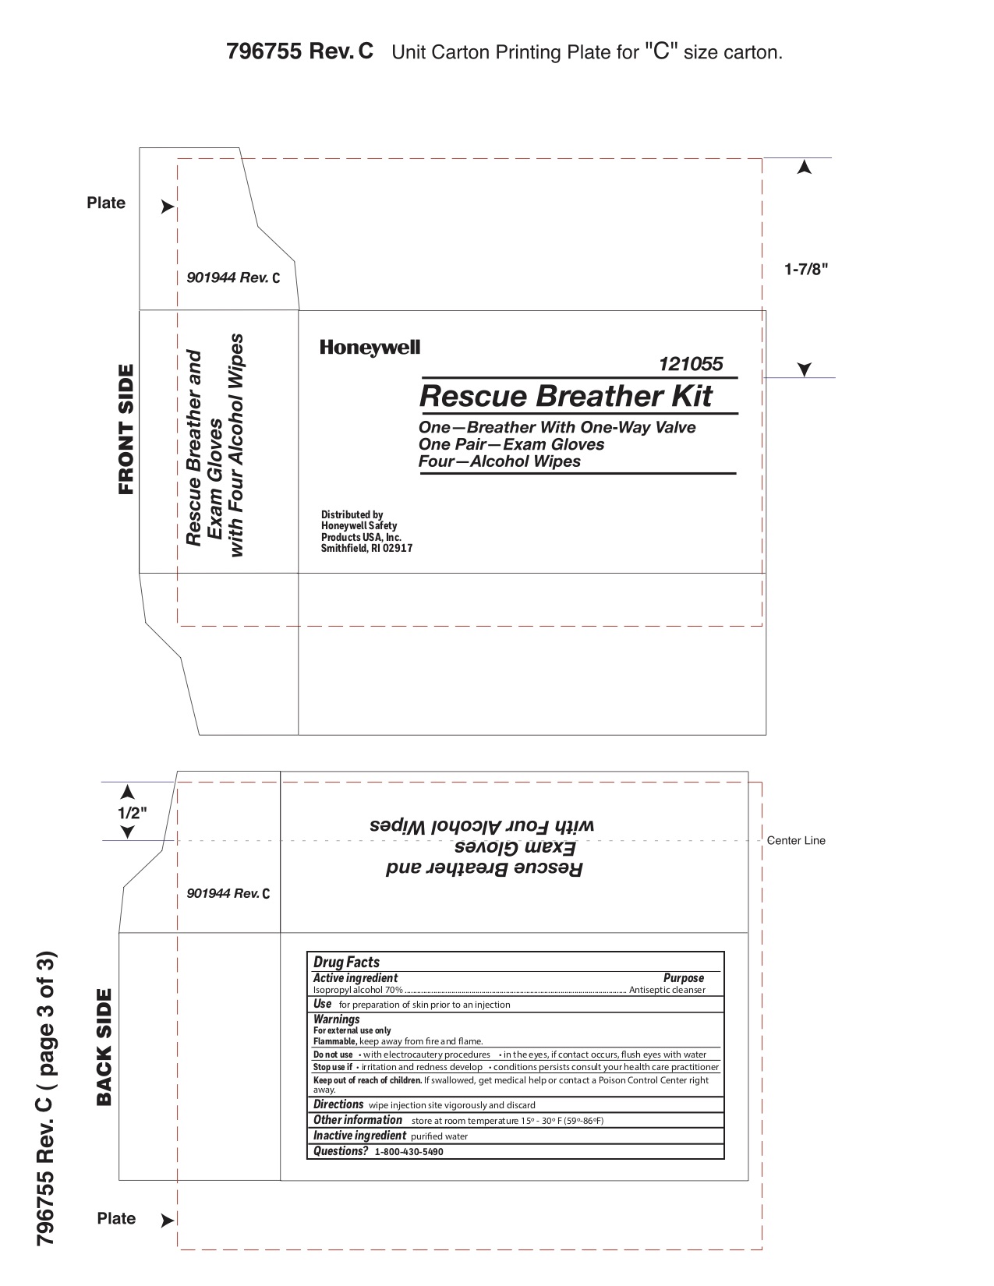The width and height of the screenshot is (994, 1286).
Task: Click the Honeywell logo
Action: click(370, 348)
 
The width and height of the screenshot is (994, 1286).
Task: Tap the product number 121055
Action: click(691, 364)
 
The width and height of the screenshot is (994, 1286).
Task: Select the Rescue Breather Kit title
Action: click(565, 396)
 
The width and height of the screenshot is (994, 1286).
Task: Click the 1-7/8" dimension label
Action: click(806, 270)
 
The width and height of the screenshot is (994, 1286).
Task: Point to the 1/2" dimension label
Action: click(132, 811)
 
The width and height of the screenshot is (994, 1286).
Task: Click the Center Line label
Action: click(796, 840)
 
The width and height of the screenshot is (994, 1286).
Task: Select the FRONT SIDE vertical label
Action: click(126, 429)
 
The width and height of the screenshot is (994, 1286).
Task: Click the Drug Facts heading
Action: click(346, 963)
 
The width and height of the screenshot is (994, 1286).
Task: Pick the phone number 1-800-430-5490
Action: click(409, 1152)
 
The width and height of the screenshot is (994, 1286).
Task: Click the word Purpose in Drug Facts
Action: click(683, 978)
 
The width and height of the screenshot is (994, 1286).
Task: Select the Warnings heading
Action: click(336, 1019)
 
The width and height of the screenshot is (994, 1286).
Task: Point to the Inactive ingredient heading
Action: click(359, 1136)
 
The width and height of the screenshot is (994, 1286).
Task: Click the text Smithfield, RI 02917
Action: click(366, 548)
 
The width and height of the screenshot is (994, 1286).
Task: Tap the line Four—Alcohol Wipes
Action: click(500, 461)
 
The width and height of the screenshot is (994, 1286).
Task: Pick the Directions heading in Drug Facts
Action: click(338, 1104)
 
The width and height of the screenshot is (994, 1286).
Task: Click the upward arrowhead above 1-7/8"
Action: click(805, 167)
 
